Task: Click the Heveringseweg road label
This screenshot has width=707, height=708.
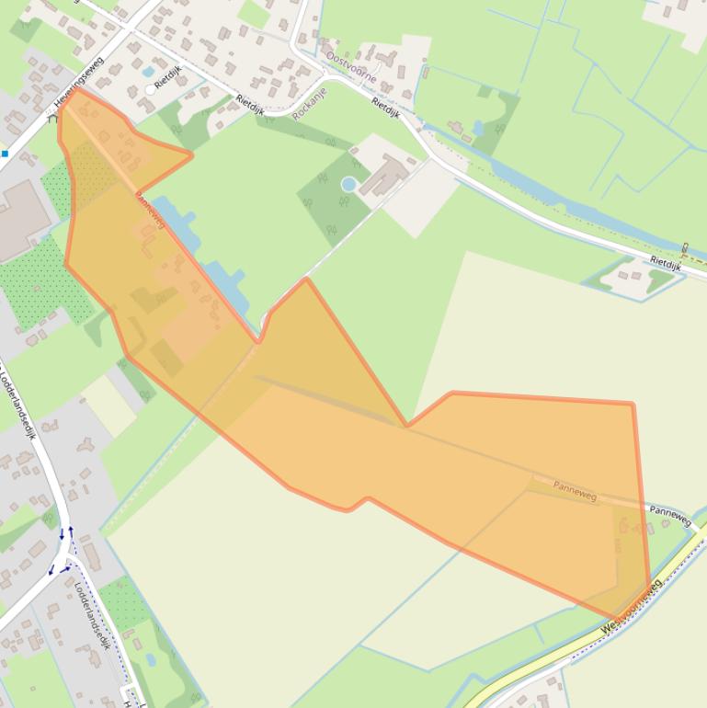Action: click(x=80, y=84)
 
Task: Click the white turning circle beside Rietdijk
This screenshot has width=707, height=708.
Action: click(x=151, y=89)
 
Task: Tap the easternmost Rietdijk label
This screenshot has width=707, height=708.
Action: click(x=665, y=261)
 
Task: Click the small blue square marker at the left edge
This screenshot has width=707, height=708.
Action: click(x=5, y=154)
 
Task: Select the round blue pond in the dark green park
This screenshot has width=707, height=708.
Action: click(x=348, y=184)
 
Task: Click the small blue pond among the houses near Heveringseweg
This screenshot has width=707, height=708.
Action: click(x=148, y=71)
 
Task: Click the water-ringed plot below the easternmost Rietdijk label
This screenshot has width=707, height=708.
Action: click(x=634, y=279)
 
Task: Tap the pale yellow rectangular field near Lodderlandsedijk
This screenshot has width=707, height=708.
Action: click(x=109, y=405)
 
